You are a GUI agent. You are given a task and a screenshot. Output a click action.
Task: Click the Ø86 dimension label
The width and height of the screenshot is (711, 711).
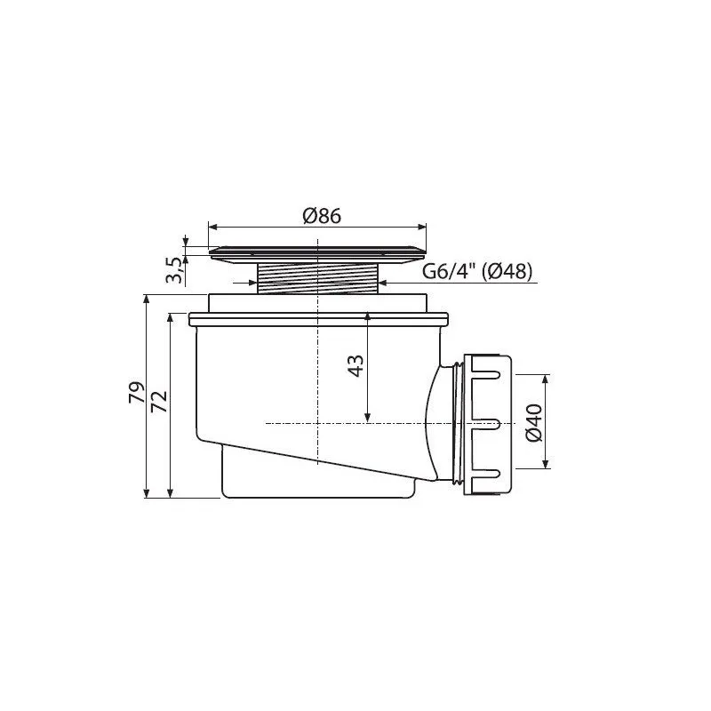[x=322, y=216]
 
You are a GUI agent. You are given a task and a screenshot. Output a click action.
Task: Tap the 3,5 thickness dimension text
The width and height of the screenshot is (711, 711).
[x=175, y=270]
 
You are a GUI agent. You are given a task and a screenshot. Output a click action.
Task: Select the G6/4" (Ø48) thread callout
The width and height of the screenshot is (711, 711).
[x=477, y=272]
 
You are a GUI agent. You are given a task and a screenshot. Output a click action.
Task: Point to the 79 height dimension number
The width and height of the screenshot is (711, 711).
[x=137, y=393]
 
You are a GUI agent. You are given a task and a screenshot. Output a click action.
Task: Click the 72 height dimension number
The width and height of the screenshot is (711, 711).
[x=159, y=401]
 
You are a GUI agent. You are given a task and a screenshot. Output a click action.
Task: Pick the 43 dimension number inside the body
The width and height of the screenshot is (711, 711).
[x=355, y=366]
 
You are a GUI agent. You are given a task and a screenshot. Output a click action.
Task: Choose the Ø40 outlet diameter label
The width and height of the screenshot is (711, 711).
[x=534, y=423]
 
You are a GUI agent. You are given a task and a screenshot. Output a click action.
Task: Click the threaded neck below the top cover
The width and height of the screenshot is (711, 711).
[x=317, y=278]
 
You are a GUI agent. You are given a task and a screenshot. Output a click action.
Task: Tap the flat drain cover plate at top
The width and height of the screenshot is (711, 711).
[x=317, y=253]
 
